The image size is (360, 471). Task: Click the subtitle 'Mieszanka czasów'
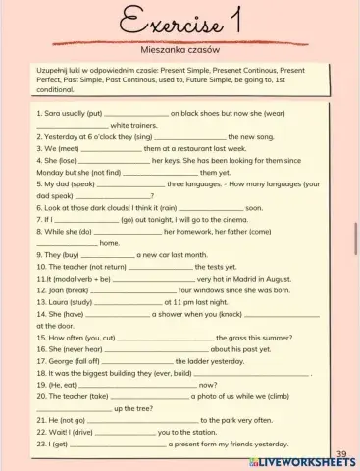(180, 48)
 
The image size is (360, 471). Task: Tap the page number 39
(340, 453)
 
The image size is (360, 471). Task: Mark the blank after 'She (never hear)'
(156, 349)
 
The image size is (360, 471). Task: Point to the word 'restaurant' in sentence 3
(194, 148)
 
